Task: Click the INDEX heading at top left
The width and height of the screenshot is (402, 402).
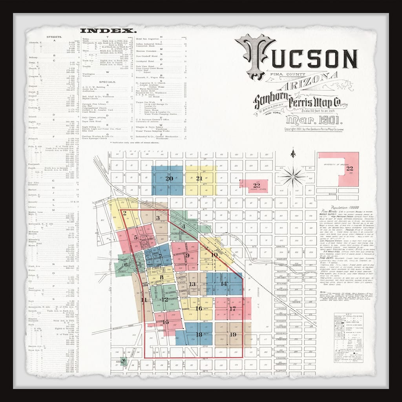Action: tap(108, 31)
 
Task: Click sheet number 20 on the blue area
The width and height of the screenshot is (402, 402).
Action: tap(169, 179)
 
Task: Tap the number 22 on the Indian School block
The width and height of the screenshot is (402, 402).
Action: tap(257, 185)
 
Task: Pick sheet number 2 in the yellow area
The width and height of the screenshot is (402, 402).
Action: tap(124, 213)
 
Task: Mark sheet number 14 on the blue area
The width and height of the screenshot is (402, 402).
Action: tap(224, 283)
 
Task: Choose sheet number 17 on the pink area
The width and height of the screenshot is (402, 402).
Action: tap(233, 309)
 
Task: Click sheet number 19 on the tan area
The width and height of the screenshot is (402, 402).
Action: tap(233, 334)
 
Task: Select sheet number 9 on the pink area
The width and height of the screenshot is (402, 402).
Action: tap(188, 256)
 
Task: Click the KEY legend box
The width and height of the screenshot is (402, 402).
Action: tap(348, 338)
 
